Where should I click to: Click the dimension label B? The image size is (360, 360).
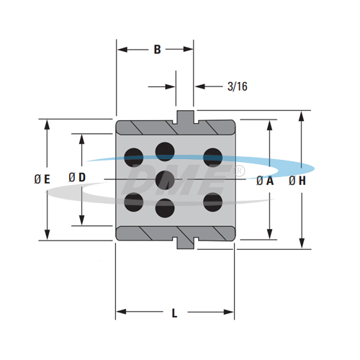[157, 50]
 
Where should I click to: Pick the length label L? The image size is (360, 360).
[175, 312]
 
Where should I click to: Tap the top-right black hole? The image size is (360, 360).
[212, 156]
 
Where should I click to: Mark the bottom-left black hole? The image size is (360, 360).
[134, 202]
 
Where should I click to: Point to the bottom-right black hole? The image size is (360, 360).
[212, 202]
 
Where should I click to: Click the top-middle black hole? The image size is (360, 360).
[166, 150]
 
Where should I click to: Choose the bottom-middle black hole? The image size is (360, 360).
[166, 207]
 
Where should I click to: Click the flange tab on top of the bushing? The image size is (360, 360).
[186, 115]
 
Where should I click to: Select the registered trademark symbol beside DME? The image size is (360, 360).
[240, 171]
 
